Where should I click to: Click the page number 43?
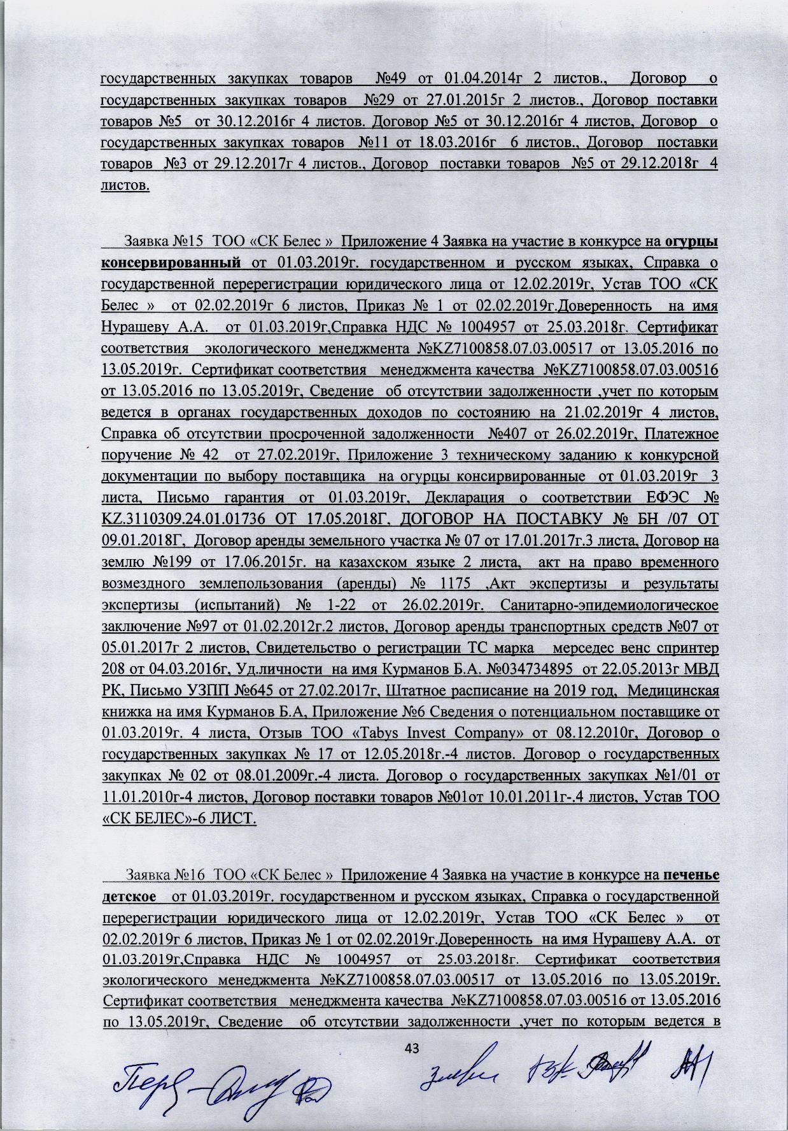coord(414,1048)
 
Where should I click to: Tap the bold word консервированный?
coord(171,262)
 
